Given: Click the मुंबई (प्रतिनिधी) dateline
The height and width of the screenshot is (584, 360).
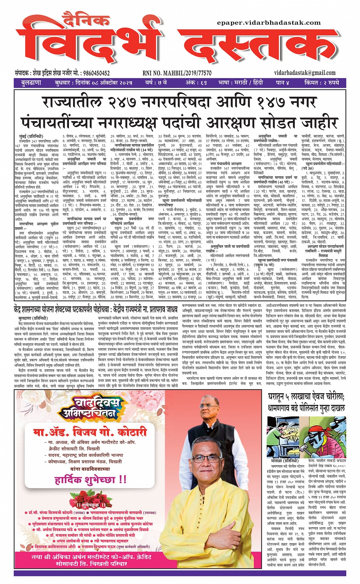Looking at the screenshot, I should coord(31,136).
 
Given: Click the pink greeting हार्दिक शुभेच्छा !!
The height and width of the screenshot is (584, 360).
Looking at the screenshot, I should coord(91,479).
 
